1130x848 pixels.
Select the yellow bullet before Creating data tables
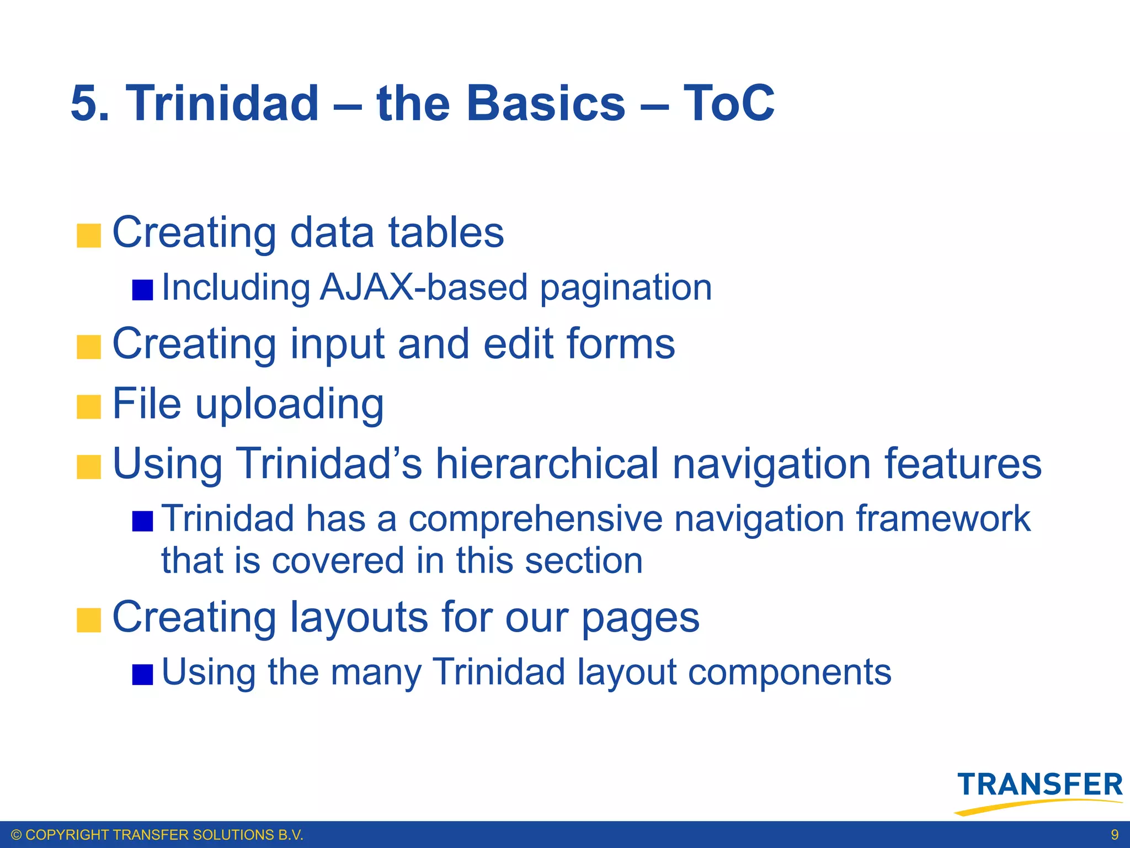click(x=89, y=236)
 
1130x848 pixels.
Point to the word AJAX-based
click(x=423, y=288)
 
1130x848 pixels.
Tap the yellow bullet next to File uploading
click(x=89, y=407)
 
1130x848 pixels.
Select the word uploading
click(x=290, y=405)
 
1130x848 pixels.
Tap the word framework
click(x=943, y=519)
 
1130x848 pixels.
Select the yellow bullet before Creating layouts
click(x=89, y=620)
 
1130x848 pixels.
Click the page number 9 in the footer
click(x=1115, y=835)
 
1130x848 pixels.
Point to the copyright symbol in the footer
click(x=17, y=835)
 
